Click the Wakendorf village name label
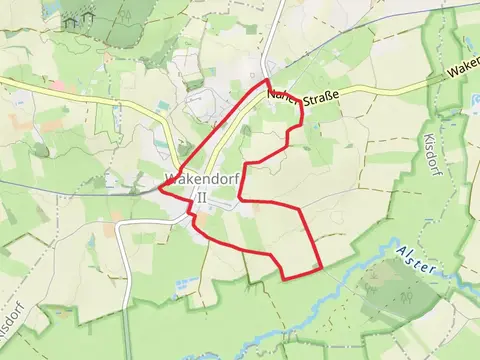(200, 182)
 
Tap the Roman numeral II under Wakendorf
(201, 198)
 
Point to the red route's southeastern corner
(320, 268)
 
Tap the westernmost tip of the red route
(159, 189)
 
